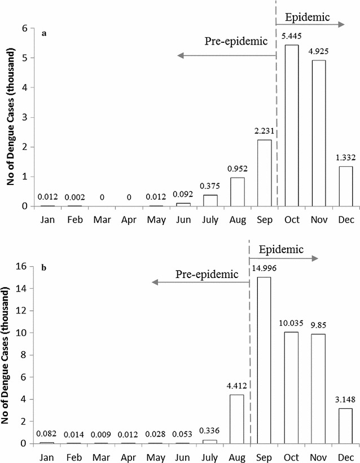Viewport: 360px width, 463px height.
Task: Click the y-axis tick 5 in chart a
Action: click(24, 58)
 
